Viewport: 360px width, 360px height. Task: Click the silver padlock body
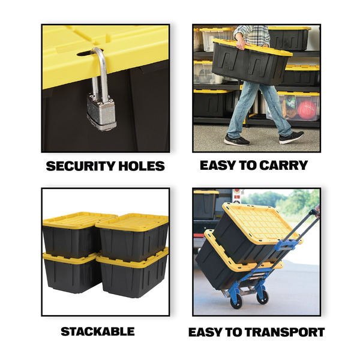coord(101,112)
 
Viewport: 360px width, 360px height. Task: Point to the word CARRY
coord(284,165)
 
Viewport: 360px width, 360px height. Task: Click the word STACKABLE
coord(98,332)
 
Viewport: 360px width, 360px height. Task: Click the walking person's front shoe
coord(292,137)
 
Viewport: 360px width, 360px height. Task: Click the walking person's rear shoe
coord(236,140)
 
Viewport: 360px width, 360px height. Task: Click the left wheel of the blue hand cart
coord(236,302)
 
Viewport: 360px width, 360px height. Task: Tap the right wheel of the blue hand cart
coord(262,297)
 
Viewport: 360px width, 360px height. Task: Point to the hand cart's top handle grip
coord(314,212)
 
